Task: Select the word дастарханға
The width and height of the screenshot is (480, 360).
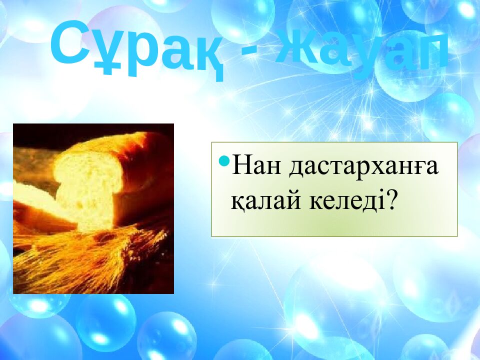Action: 363,167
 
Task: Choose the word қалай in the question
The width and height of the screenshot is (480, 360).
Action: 263,200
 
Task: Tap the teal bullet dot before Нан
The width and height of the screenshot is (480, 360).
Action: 224,162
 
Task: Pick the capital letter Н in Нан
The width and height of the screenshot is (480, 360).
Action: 241,167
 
